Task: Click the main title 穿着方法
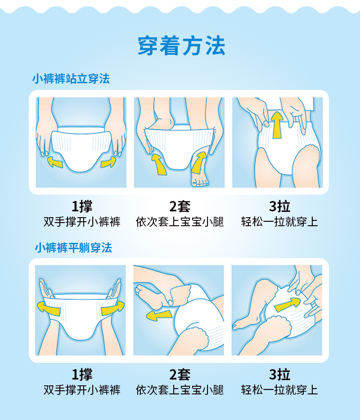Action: coord(181,46)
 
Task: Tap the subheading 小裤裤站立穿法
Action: coord(71,79)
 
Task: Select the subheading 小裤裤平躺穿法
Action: coord(73,248)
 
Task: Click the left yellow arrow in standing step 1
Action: coord(55,161)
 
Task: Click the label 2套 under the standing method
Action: coord(180,206)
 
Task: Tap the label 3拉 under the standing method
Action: coord(279,206)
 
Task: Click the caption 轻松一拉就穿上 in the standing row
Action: coord(279,222)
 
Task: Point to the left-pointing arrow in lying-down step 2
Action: coord(158,315)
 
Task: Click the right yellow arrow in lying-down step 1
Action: coord(112,309)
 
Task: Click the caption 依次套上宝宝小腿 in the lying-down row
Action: coord(180,390)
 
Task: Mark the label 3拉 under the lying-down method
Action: coord(279,374)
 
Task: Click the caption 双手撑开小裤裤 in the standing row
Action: coord(82,222)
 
